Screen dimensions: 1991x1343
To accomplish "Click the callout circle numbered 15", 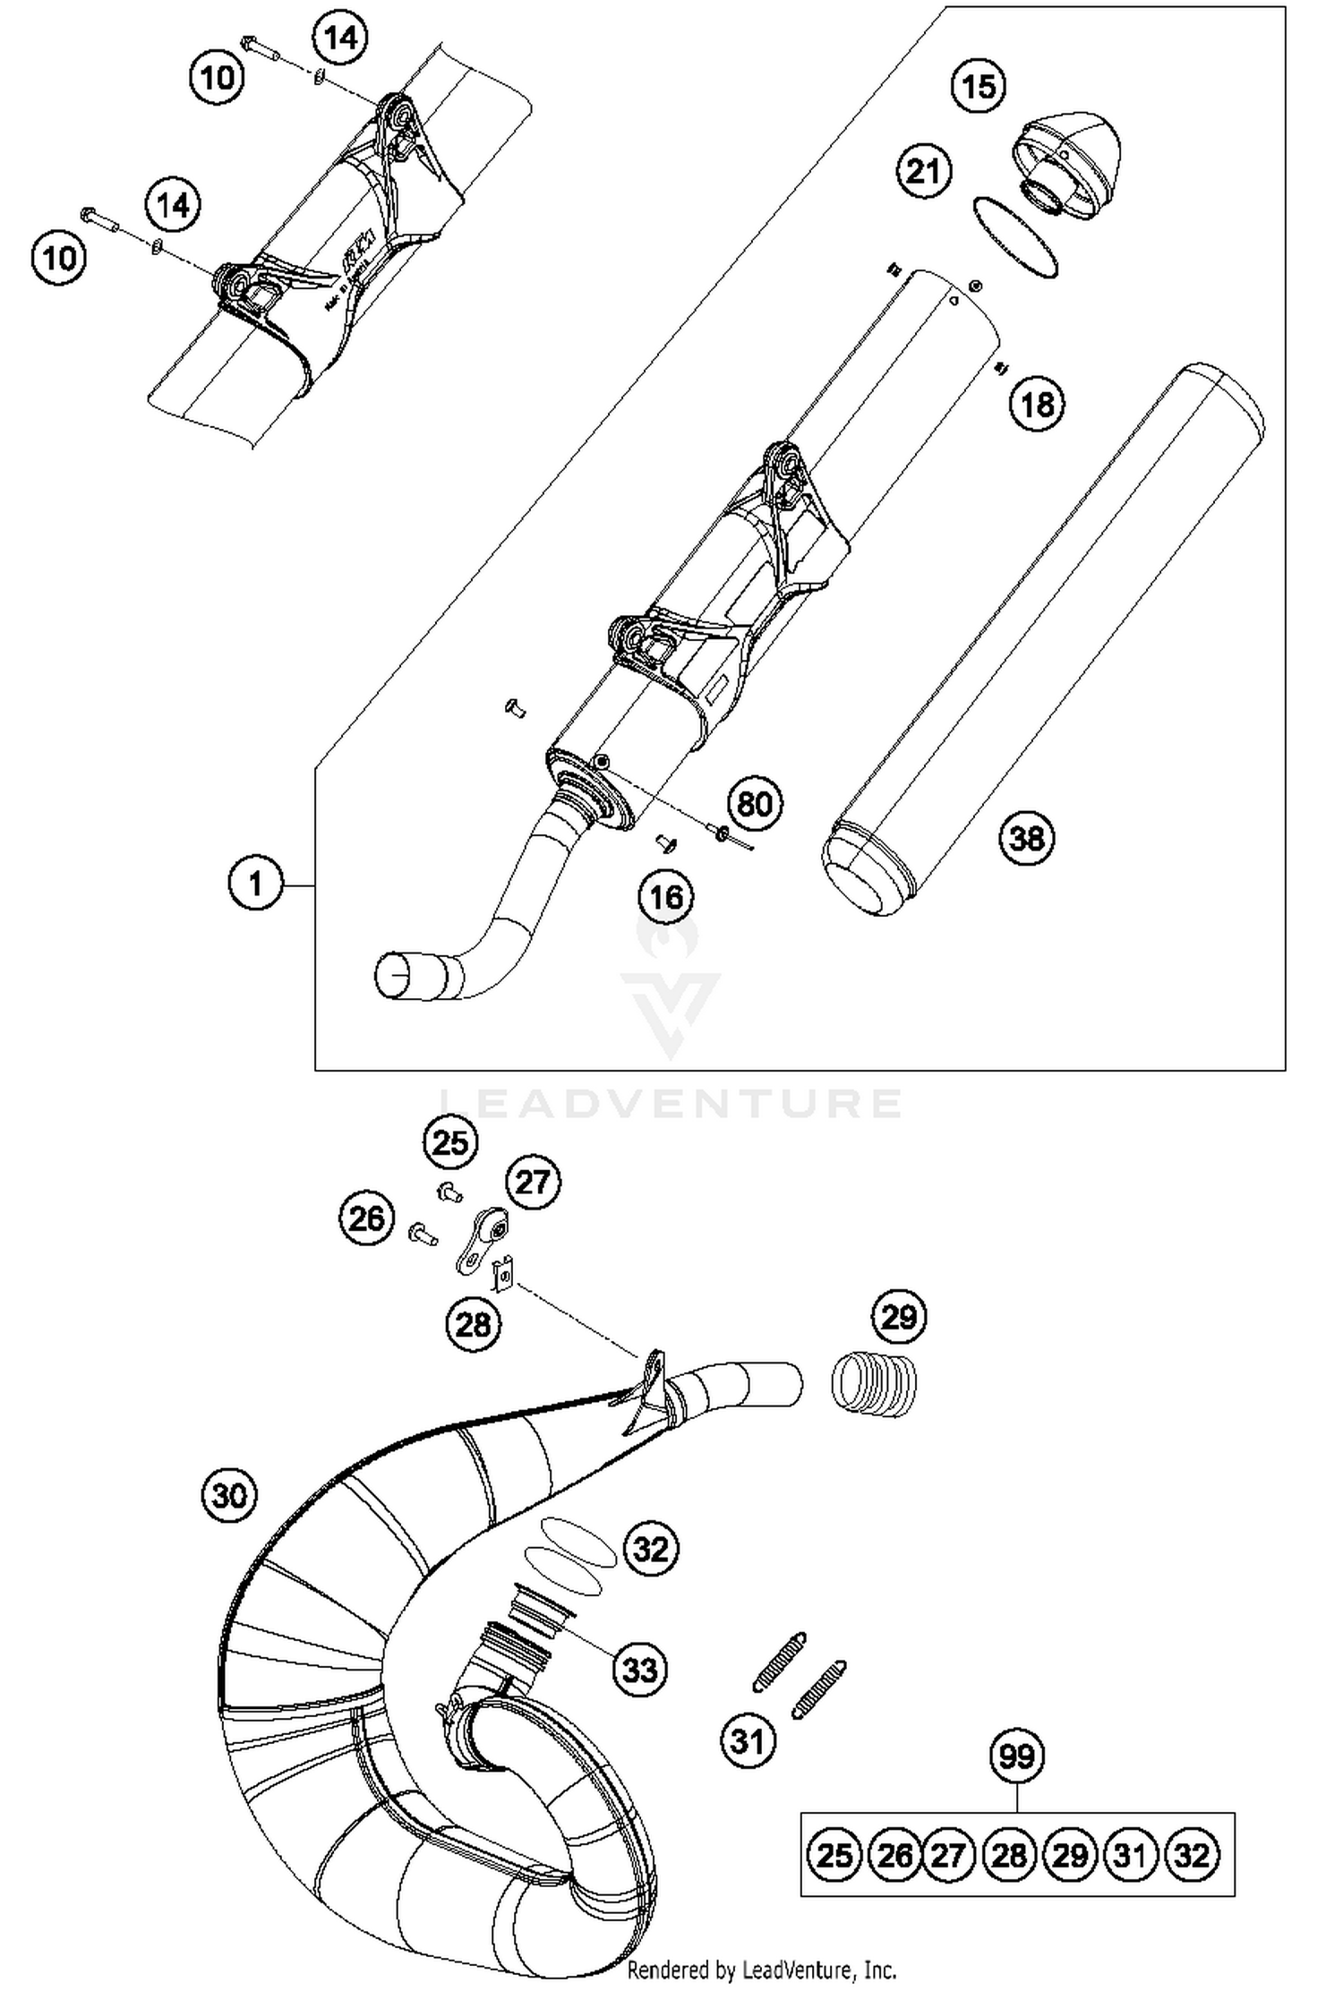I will point(978,87).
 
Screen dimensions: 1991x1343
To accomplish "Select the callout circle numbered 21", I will point(923,170).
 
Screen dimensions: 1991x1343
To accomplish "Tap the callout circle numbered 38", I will point(1026,839).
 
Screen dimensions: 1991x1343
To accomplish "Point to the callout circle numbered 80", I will point(754,804).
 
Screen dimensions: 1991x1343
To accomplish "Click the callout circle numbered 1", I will point(255,884).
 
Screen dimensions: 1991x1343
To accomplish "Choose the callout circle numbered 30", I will point(229,1495).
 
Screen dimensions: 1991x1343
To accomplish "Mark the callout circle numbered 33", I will point(639,1670).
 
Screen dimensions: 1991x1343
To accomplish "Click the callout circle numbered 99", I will point(1017,1757).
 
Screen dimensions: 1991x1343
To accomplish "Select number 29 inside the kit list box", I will point(1071,1856).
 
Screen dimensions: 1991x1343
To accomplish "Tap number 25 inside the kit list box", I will point(834,1856).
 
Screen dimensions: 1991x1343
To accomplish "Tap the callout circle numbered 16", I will point(666,896).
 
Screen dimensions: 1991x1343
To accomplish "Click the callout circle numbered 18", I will point(1037,404).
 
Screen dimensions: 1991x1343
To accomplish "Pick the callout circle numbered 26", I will point(366,1218).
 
